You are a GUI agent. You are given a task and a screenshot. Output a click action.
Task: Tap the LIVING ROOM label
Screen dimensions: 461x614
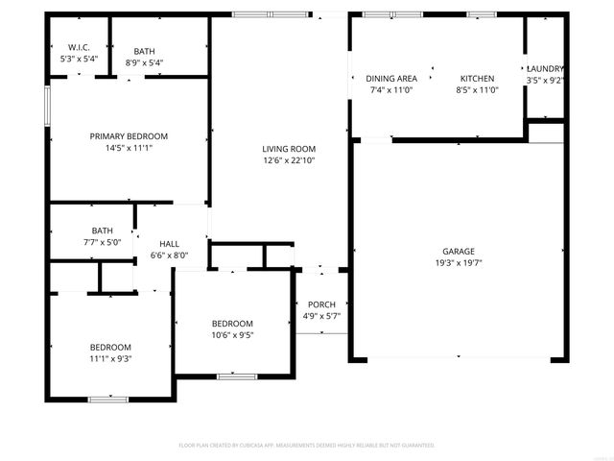click(289, 149)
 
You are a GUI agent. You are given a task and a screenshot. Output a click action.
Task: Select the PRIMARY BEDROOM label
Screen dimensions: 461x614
click(129, 136)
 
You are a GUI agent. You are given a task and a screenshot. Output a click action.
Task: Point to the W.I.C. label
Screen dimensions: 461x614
click(79, 47)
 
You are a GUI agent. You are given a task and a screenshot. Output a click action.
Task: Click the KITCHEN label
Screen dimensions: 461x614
click(477, 78)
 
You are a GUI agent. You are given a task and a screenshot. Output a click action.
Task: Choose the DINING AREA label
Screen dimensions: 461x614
click(390, 78)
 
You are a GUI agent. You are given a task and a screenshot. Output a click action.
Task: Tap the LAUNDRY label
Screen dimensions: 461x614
click(545, 69)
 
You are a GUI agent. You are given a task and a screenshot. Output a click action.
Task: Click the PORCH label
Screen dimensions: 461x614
click(321, 304)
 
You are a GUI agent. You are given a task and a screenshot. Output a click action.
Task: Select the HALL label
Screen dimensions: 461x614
click(169, 244)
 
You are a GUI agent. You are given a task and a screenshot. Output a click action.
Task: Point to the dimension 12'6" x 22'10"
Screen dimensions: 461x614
click(289, 160)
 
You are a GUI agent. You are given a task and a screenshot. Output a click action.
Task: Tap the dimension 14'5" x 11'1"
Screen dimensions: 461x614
click(129, 148)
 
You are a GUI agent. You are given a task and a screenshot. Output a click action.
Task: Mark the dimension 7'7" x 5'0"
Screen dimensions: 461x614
click(103, 243)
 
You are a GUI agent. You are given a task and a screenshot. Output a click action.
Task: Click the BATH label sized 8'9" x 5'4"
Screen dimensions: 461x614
click(144, 52)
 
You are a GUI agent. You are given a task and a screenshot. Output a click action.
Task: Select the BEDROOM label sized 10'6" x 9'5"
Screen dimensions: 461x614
click(232, 324)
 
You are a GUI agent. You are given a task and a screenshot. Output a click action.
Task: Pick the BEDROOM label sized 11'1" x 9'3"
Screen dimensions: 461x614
click(110, 347)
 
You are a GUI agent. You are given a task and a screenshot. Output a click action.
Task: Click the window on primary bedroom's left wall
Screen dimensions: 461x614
click(46, 105)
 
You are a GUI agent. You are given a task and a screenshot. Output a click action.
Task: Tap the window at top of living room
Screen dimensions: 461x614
click(271, 14)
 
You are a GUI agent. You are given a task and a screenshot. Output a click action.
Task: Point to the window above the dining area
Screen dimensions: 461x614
click(392, 14)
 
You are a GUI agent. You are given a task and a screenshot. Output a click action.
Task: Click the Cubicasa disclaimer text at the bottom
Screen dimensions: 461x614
click(307, 445)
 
